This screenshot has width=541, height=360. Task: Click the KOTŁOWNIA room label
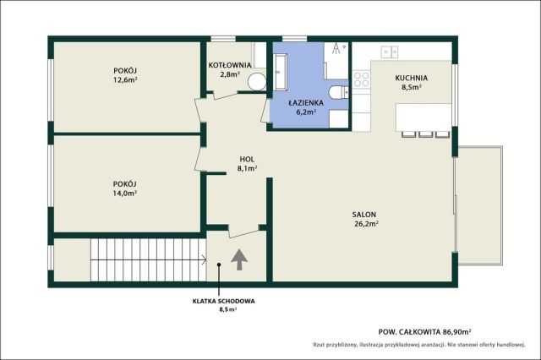pyautogui.click(x=230, y=65)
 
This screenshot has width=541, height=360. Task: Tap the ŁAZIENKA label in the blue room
pyautogui.click(x=306, y=103)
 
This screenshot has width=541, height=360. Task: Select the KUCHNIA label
pyautogui.click(x=412, y=78)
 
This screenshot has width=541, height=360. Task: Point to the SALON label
pyautogui.click(x=364, y=215)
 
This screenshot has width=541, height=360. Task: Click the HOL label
pyautogui.click(x=247, y=160)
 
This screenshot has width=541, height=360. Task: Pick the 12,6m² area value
pyautogui.click(x=125, y=80)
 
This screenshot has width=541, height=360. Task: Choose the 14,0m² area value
pyautogui.click(x=125, y=194)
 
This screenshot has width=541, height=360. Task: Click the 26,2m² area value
pyautogui.click(x=366, y=224)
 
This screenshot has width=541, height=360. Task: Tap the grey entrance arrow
pyautogui.click(x=239, y=259)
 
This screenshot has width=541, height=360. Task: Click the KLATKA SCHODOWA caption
pyautogui.click(x=223, y=301)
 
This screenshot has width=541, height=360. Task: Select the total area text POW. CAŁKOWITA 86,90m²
pyautogui.click(x=425, y=332)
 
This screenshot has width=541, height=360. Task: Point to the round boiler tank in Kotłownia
pyautogui.click(x=257, y=82)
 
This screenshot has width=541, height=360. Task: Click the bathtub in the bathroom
pyautogui.click(x=280, y=72)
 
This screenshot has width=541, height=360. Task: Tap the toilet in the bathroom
pyautogui.click(x=338, y=92)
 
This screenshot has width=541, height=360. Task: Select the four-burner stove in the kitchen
pyautogui.click(x=361, y=79)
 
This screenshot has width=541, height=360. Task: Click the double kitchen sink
pyautogui.click(x=390, y=52)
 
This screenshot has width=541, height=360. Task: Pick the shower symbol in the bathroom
pyautogui.click(x=336, y=49)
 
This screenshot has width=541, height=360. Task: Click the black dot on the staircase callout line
pyautogui.click(x=219, y=265)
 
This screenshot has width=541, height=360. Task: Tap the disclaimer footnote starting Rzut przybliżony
pyautogui.click(x=419, y=345)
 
